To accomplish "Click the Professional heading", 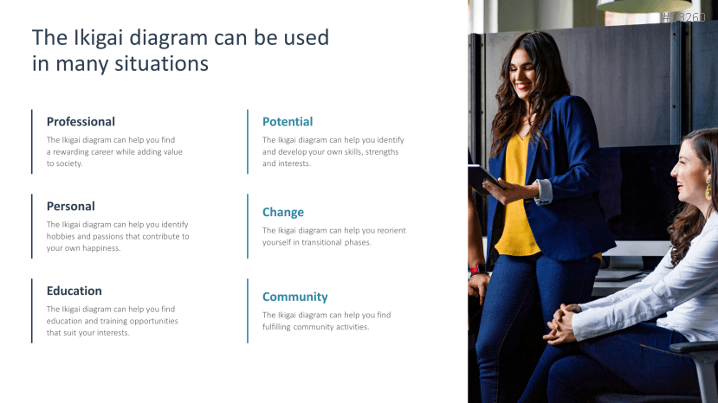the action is [81, 122].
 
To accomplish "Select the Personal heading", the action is [70, 207].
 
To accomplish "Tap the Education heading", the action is [74, 291].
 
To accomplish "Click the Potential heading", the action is [288, 122].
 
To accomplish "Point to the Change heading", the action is [283, 212].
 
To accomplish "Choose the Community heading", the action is [294, 297].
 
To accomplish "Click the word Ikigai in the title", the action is [99, 37].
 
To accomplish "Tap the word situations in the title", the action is [162, 63].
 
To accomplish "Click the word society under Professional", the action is [69, 163].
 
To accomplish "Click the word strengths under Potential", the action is [382, 152].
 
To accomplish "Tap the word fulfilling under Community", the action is [276, 327].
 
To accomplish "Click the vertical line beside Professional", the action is [31, 142].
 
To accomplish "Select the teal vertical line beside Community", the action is [248, 310].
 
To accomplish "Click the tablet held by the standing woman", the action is [484, 178].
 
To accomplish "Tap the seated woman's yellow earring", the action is [708, 188].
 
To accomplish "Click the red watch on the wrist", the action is [477, 269].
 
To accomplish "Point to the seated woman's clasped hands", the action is [560, 323].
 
